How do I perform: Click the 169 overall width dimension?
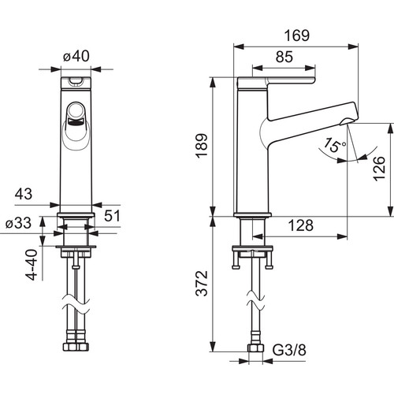click(297, 35)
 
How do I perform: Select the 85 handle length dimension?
click(284, 57)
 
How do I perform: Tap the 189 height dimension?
click(202, 146)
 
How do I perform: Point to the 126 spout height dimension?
click(379, 169)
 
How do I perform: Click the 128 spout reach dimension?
click(301, 225)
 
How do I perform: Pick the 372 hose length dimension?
click(202, 284)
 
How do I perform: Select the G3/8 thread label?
click(289, 350)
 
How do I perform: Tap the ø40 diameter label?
click(76, 56)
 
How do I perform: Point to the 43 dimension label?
click(24, 194)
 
